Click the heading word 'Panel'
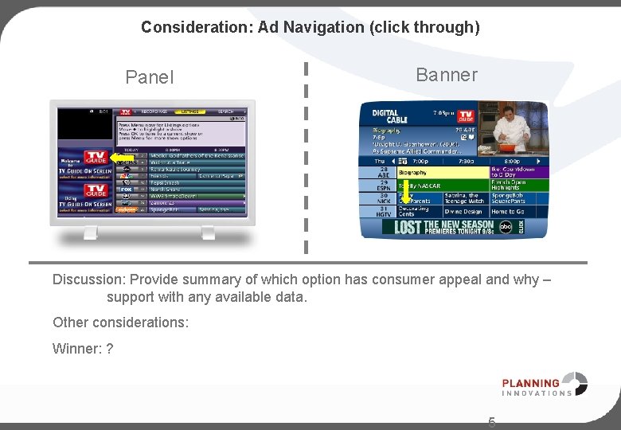coord(150,77)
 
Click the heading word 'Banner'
coord(447,75)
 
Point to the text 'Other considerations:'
coord(120,322)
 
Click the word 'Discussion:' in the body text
coord(89,279)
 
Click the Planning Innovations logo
coord(545,384)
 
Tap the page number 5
coord(491,422)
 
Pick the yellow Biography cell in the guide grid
coord(441,172)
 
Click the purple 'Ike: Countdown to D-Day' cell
coord(517,172)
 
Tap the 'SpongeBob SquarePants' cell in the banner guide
coord(517,198)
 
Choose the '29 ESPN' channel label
coord(384,186)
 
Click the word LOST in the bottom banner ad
coord(408,227)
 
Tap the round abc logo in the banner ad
coord(507,226)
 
